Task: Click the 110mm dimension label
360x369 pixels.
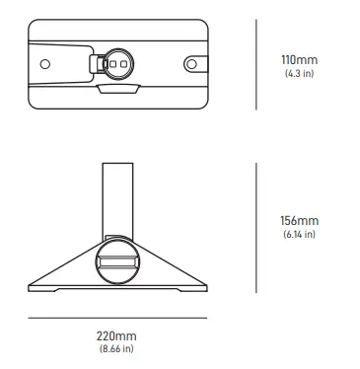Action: pos(299,60)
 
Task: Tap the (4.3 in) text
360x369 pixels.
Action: pos(299,74)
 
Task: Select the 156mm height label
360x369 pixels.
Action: pos(299,220)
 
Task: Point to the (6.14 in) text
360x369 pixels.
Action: pos(299,234)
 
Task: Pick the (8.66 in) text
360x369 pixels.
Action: pos(116,349)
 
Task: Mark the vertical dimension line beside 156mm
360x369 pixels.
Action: pos(256,228)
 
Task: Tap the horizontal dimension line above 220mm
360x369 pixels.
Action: pos(116,318)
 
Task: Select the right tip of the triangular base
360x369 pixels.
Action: pos(205,287)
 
